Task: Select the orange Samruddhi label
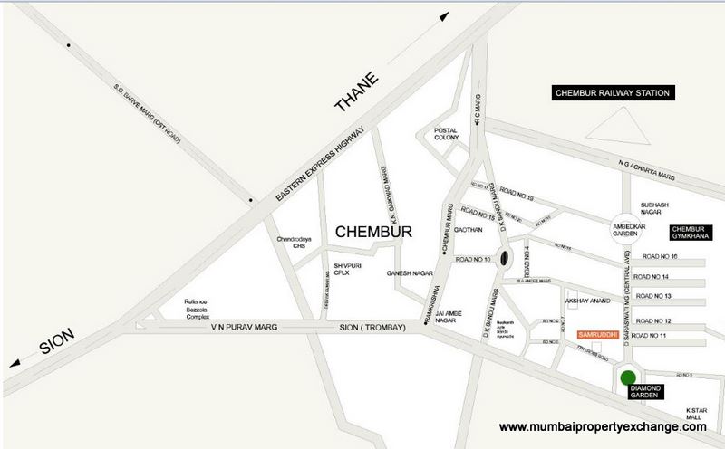pyautogui.click(x=596, y=335)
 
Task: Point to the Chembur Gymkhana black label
pyautogui.click(x=693, y=232)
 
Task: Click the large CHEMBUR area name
pyautogui.click(x=373, y=233)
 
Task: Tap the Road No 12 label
pyautogui.click(x=654, y=321)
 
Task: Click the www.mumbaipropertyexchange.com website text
pyautogui.click(x=603, y=425)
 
